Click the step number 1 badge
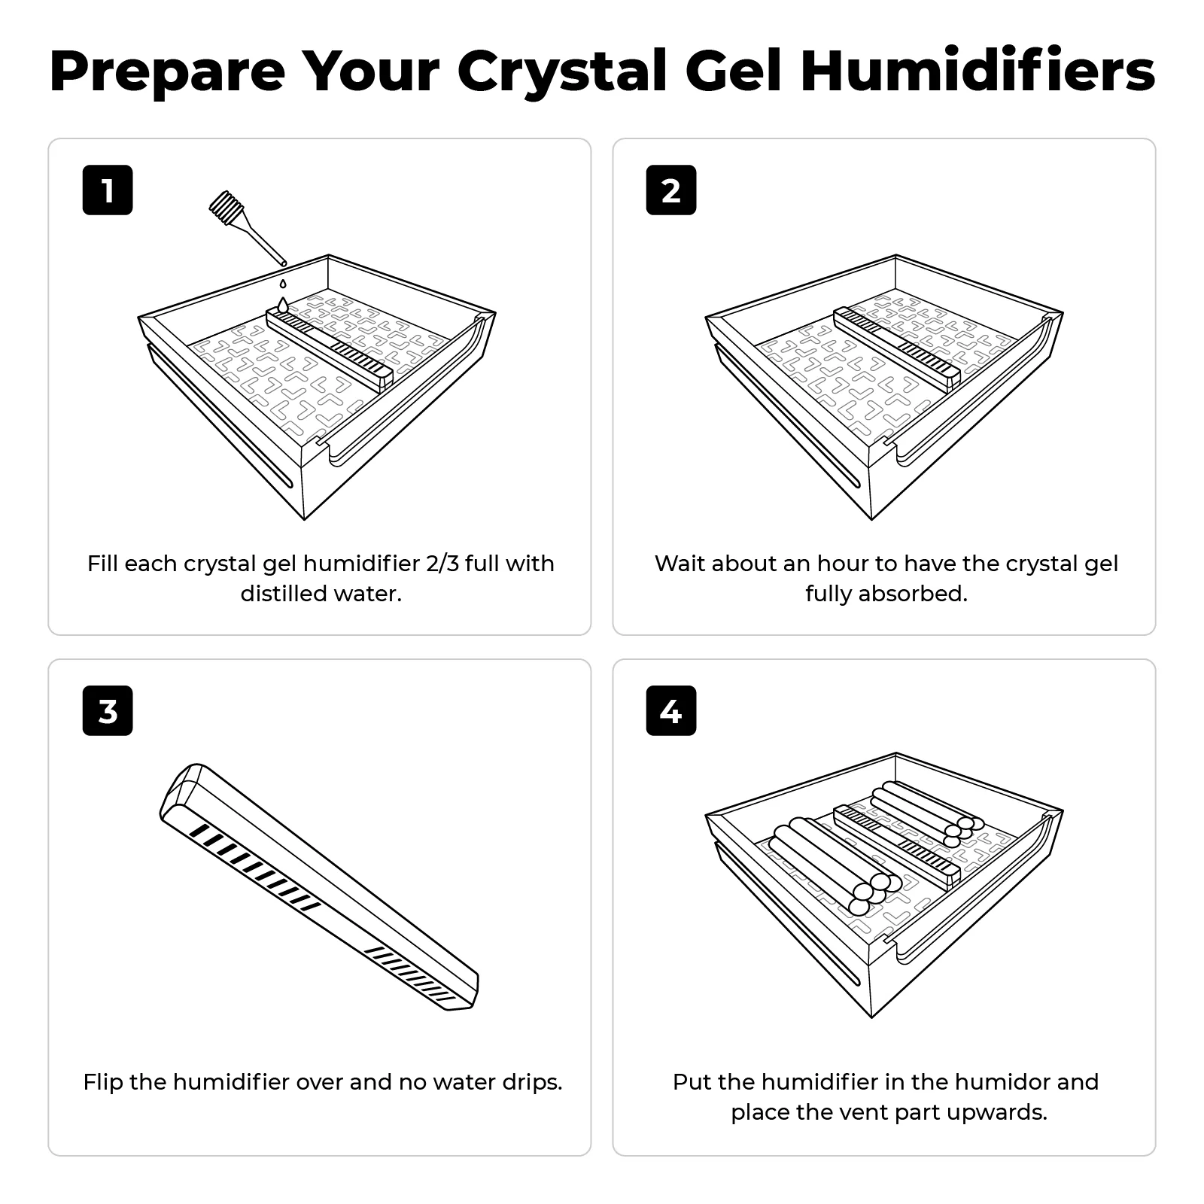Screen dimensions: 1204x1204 tap(108, 190)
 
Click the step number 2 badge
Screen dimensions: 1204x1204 tap(671, 190)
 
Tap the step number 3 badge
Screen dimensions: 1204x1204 tap(108, 710)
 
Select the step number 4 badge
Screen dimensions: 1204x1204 tap(671, 710)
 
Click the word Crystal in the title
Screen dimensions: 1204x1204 tap(561, 71)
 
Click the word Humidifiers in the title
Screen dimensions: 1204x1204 tap(977, 71)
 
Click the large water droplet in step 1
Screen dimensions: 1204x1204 tap(282, 305)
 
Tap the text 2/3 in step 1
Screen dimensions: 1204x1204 tap(442, 564)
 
